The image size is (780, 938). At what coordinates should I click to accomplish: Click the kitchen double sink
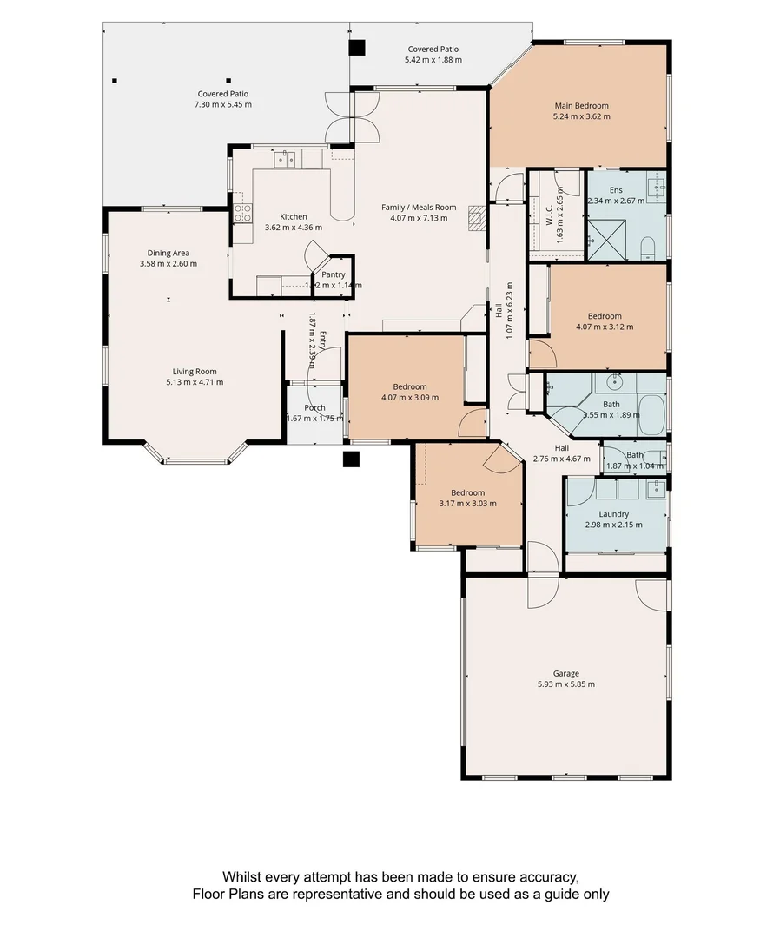(x=286, y=159)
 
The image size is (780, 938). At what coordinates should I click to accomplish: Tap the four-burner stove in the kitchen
(x=241, y=213)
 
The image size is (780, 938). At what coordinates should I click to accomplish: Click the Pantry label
(x=333, y=274)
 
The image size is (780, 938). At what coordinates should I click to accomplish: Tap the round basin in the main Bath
(x=617, y=380)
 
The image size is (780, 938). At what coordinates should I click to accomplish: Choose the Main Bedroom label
(x=581, y=106)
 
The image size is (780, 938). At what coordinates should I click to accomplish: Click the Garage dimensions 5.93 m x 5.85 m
(x=565, y=684)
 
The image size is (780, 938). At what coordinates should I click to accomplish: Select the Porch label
(x=314, y=408)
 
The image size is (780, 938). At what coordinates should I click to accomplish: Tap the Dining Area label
(x=169, y=253)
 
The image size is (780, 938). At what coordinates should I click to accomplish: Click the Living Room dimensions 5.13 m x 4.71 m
(x=195, y=382)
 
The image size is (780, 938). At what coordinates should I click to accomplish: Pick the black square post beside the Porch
(x=352, y=459)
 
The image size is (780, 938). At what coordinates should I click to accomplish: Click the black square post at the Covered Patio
(x=358, y=49)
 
